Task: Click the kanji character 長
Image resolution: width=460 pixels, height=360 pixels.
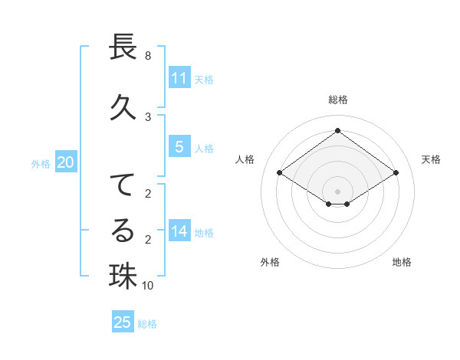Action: (x=123, y=47)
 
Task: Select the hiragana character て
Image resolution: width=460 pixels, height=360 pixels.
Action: (x=123, y=185)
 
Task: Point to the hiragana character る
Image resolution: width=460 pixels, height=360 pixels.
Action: (x=123, y=231)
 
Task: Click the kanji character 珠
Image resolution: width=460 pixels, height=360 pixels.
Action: (x=123, y=276)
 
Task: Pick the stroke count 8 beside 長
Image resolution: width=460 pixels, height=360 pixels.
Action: (x=147, y=56)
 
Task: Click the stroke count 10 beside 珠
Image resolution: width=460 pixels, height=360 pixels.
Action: (x=148, y=286)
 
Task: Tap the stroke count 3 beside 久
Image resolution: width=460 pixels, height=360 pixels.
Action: (x=147, y=116)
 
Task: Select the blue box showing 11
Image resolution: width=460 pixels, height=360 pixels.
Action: (x=179, y=77)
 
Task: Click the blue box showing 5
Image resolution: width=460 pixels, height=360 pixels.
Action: (x=179, y=146)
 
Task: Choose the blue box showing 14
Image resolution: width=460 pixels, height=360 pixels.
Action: (x=179, y=231)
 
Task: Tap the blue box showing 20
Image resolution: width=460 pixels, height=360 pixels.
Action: (x=66, y=162)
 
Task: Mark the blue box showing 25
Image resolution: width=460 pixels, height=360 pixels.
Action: (x=123, y=322)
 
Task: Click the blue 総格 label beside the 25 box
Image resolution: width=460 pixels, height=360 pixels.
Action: (x=147, y=324)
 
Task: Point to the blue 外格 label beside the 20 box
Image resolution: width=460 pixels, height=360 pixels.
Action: (x=41, y=163)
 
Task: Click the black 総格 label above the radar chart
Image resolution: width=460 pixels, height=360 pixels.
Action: (x=337, y=100)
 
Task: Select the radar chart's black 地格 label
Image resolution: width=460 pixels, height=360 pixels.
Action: (x=402, y=262)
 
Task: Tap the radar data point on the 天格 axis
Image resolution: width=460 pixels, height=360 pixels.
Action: (x=396, y=173)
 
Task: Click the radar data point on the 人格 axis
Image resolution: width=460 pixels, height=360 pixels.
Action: (x=280, y=173)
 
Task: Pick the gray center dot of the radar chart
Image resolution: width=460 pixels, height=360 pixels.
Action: (x=337, y=191)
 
